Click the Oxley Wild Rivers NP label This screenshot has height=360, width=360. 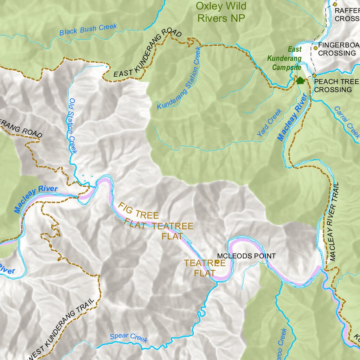pos(221,12)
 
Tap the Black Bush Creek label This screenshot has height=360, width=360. pos(88,30)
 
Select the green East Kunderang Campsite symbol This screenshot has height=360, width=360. pos(300,81)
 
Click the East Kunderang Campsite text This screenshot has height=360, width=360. pos(285,58)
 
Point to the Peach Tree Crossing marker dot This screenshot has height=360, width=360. pos(314,76)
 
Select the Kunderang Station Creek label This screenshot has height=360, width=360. pos(179,78)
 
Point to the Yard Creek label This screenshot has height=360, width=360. pos(269,123)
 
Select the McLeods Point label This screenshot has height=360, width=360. pos(246,256)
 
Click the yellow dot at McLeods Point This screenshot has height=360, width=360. pos(218,262)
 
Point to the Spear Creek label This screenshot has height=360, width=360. pos(129,337)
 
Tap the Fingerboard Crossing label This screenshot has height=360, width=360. pos(337,49)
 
